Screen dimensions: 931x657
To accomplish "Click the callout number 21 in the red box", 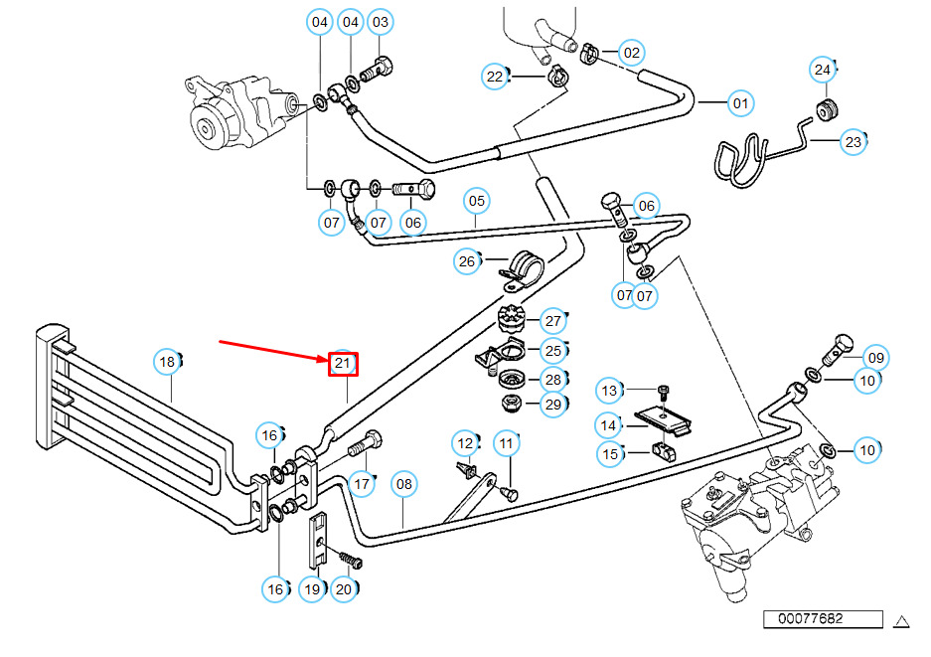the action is [x=343, y=364].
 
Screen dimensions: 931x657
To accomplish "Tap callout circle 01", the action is [x=740, y=103].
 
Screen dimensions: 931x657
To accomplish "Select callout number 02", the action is [x=632, y=53].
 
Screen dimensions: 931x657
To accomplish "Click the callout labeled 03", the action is [x=380, y=22].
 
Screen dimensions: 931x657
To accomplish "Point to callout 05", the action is [x=477, y=201].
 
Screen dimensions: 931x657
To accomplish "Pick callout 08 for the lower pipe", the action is [x=403, y=484].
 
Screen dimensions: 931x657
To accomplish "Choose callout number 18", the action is [x=168, y=362].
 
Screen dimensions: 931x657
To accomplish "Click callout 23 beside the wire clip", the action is [x=853, y=142].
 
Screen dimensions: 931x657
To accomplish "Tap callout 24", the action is [x=823, y=70].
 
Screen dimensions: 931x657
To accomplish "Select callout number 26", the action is [x=467, y=261].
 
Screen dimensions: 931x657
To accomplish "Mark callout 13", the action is [x=610, y=391].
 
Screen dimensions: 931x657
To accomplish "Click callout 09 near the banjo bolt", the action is [x=875, y=358].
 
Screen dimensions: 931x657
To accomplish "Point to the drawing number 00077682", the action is [x=811, y=618].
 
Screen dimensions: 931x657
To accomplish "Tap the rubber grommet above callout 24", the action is [x=826, y=109].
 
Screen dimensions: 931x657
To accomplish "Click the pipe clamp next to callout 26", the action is [x=521, y=272].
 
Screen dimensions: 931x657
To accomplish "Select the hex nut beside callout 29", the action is [x=512, y=404].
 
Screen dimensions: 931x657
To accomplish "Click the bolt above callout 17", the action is [x=366, y=443].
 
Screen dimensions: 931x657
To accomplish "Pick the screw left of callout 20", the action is [x=351, y=560].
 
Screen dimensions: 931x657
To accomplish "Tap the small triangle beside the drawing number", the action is [x=902, y=621].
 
